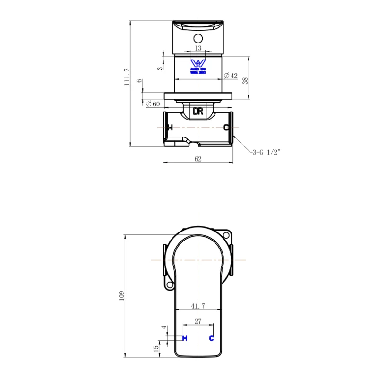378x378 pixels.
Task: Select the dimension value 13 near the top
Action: (198, 48)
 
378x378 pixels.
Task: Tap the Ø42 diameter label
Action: (230, 76)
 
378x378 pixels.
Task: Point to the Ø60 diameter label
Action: (153, 103)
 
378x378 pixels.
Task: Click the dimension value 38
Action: (245, 81)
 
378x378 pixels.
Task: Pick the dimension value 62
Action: (198, 159)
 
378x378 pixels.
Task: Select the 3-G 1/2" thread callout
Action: (266, 152)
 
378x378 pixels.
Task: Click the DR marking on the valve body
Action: (198, 112)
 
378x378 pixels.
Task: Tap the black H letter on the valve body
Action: (170, 128)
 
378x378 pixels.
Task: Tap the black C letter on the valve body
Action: (226, 128)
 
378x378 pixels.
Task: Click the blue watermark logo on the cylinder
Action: (198, 66)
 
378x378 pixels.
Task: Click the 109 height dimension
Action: (121, 295)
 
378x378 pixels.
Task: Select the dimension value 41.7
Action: (198, 306)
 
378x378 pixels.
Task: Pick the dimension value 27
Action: (198, 321)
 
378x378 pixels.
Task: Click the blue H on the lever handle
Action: (185, 338)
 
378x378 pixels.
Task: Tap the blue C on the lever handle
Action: (211, 338)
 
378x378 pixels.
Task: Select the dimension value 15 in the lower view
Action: (156, 348)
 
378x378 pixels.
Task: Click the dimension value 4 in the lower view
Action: (163, 327)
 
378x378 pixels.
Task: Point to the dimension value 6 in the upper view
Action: (139, 81)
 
